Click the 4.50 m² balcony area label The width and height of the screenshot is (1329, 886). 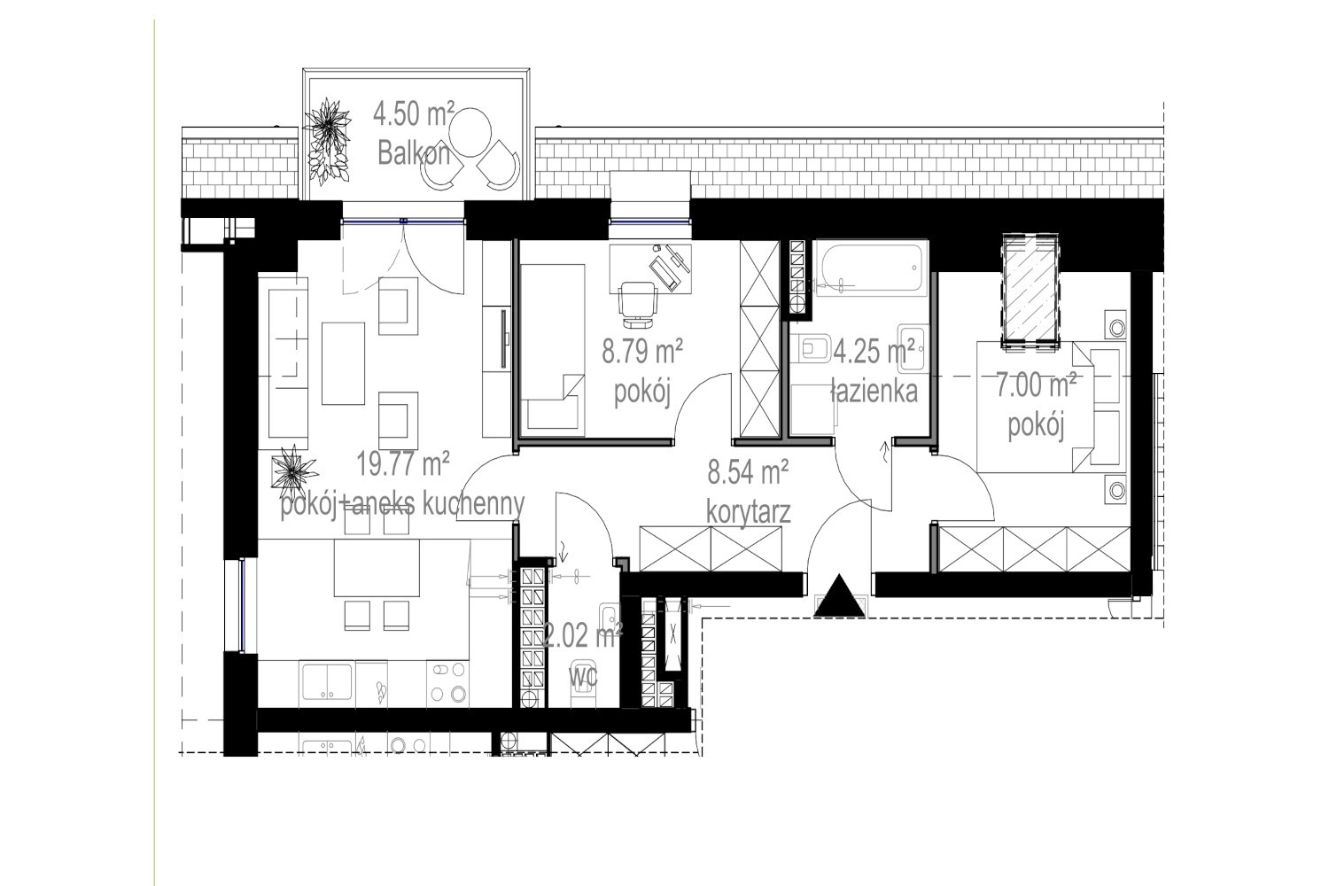tap(414, 113)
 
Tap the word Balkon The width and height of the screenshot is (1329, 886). tap(414, 153)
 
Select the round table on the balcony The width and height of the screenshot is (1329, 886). tap(470, 132)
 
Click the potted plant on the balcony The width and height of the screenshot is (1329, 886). tap(327, 141)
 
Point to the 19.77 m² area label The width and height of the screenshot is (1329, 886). tap(403, 463)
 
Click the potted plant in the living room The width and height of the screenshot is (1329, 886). tap(293, 471)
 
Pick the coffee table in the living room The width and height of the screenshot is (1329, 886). tap(343, 363)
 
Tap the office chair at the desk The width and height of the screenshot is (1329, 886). tap(638, 304)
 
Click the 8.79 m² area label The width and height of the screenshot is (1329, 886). tap(642, 352)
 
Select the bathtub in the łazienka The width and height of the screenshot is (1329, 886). tap(871, 268)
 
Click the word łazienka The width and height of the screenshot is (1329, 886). tap(874, 392)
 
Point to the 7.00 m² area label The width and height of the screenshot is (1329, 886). tap(1036, 385)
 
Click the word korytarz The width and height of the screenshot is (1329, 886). tap(748, 512)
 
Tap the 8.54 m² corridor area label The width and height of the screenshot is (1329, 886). tap(748, 472)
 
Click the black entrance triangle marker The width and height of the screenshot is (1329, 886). tap(839, 595)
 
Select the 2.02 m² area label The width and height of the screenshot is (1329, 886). tap(583, 636)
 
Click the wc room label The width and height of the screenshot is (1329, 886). tap(583, 676)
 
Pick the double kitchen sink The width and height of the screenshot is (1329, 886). tap(327, 682)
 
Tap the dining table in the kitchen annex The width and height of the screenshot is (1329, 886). tap(377, 568)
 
